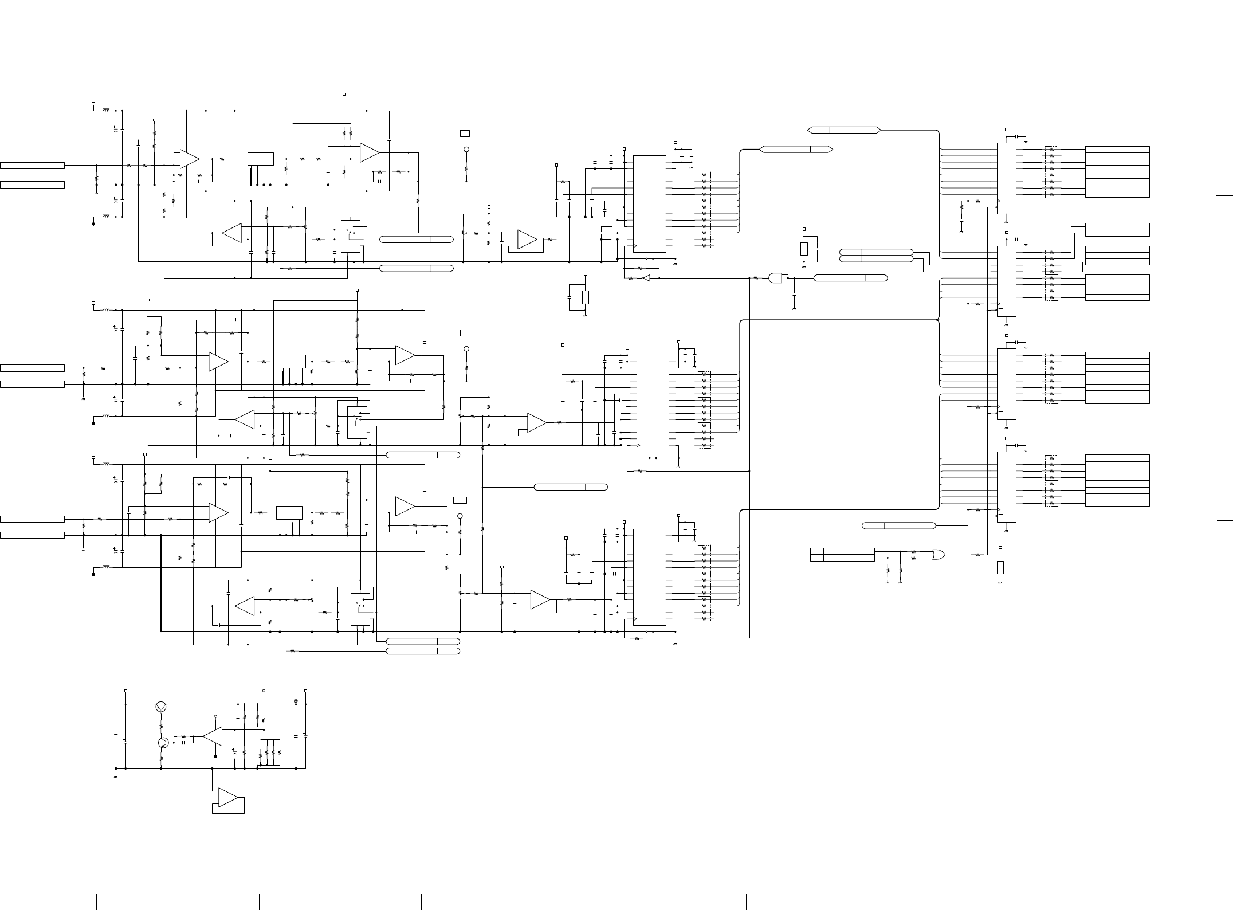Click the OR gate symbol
(x=939, y=554)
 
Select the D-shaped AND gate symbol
(x=778, y=278)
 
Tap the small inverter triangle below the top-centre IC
(x=646, y=278)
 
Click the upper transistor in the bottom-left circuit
(x=161, y=707)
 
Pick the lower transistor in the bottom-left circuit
(x=163, y=743)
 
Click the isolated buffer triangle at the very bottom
(x=229, y=797)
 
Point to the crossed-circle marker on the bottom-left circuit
(x=296, y=701)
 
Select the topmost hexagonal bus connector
(x=843, y=130)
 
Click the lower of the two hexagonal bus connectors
(x=796, y=150)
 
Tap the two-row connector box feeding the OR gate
(x=842, y=555)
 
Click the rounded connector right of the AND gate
(x=850, y=278)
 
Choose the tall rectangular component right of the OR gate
(x=1000, y=567)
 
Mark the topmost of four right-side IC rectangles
(x=1007, y=178)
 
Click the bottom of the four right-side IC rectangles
(x=1007, y=487)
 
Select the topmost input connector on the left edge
(x=33, y=166)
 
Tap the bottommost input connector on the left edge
(x=33, y=535)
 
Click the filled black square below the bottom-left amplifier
(x=215, y=756)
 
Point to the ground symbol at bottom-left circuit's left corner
(x=116, y=776)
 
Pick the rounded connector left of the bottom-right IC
(x=898, y=525)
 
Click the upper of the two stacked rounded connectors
(x=875, y=252)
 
